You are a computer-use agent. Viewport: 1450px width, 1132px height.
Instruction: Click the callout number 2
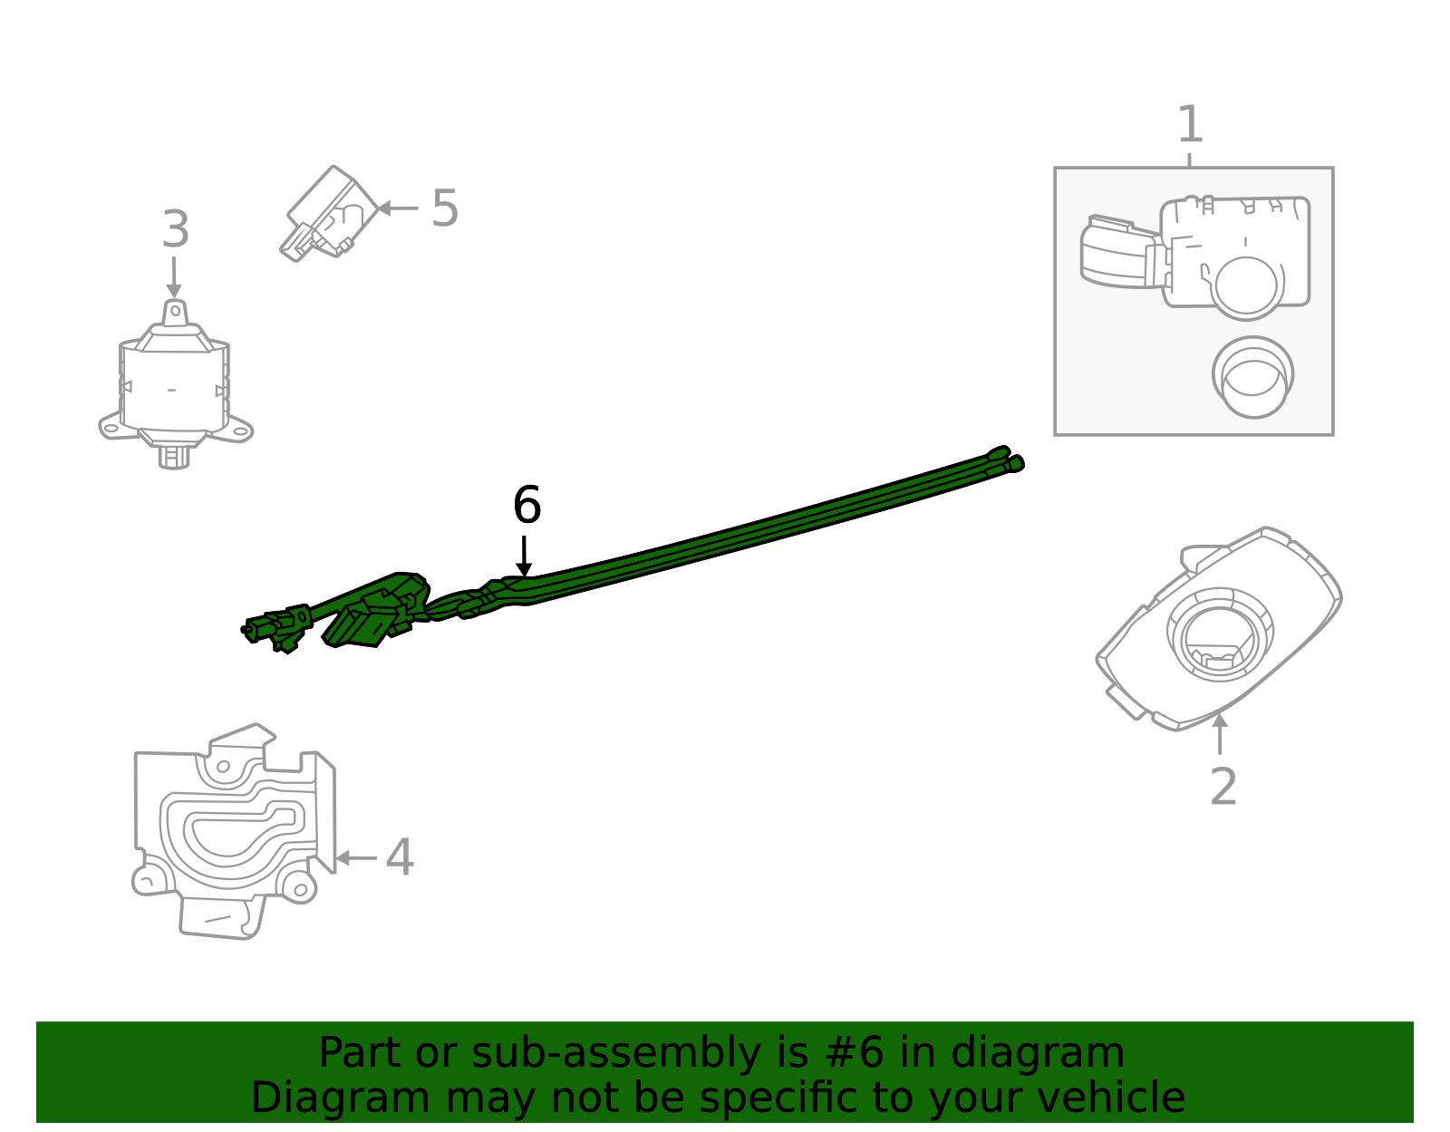tap(1223, 786)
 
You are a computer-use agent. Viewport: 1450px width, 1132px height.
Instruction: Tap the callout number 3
tap(175, 229)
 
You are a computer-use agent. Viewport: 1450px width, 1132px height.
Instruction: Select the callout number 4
tap(400, 857)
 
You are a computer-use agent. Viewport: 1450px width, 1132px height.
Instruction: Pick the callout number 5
tap(444, 208)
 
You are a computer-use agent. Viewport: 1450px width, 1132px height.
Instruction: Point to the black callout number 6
tap(527, 505)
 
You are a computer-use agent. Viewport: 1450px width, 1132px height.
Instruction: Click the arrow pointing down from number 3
tap(174, 276)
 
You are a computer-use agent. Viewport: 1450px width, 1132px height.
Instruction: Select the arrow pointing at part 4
tap(355, 857)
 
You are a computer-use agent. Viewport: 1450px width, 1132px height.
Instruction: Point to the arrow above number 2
tap(1220, 734)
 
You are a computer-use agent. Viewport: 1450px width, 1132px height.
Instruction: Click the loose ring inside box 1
tap(1252, 377)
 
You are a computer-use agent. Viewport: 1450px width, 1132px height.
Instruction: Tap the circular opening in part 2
tap(1219, 633)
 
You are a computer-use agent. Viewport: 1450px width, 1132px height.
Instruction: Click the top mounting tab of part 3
tap(175, 312)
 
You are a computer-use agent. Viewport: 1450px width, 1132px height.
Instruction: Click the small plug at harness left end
tap(259, 627)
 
